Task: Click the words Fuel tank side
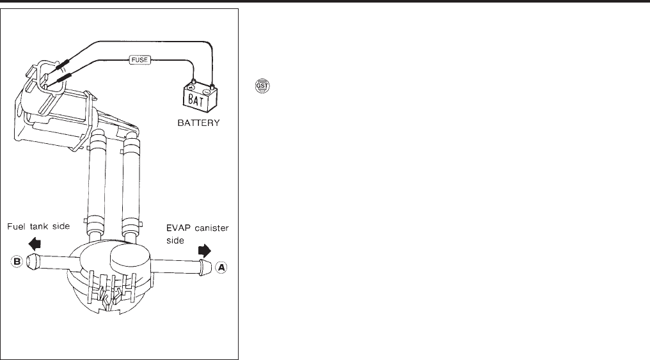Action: (39, 226)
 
